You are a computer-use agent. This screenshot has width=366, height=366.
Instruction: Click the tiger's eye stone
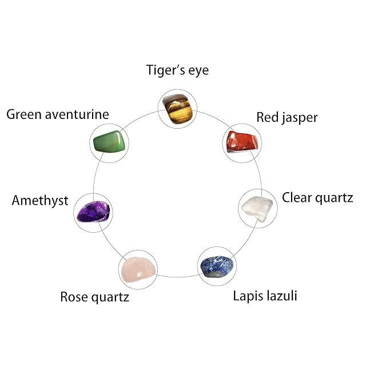point(178,108)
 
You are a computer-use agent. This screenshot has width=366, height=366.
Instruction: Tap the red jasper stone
point(242,142)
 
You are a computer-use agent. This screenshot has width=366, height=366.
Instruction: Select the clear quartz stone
point(257,209)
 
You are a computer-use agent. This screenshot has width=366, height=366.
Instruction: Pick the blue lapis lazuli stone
point(217,266)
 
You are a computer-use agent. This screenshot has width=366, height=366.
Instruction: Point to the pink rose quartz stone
point(138,270)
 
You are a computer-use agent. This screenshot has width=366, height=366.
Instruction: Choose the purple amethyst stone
point(93,212)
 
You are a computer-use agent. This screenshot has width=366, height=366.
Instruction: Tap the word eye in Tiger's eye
point(198,71)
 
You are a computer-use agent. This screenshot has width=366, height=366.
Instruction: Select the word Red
point(268,117)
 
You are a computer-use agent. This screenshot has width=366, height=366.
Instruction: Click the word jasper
point(300,118)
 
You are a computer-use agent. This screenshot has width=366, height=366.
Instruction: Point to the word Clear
point(297,198)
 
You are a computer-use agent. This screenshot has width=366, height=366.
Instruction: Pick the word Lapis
point(248,296)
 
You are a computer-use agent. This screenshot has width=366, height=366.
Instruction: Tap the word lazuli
point(282,295)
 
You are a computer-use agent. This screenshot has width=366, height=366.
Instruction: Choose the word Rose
point(74,297)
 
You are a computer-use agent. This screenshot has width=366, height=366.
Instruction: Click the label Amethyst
point(40,201)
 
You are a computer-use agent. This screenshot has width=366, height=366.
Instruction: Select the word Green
point(24,114)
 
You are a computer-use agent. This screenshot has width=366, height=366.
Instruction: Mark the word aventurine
point(77,114)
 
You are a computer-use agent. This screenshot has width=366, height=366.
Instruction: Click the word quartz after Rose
point(110,297)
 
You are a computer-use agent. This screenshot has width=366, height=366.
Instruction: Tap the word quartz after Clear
point(334,198)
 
